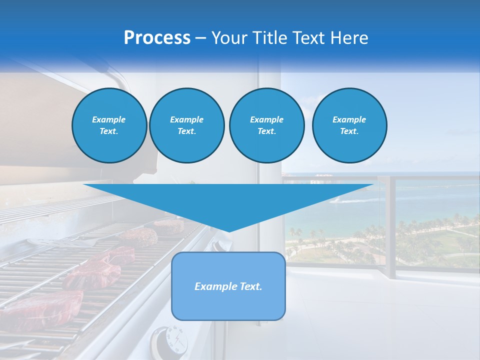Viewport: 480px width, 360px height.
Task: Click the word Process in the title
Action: (157, 38)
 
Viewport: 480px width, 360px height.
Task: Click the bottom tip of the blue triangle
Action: (228, 230)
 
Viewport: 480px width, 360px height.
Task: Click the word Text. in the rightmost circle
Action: (349, 131)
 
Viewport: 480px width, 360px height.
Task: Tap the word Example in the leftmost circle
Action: (109, 119)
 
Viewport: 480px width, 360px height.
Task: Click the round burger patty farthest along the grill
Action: (169, 226)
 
